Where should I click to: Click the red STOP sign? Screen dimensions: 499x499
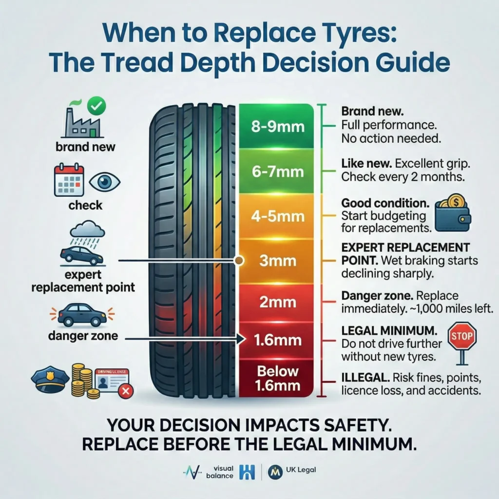point(461,337)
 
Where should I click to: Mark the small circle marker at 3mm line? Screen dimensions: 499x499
point(238,261)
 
